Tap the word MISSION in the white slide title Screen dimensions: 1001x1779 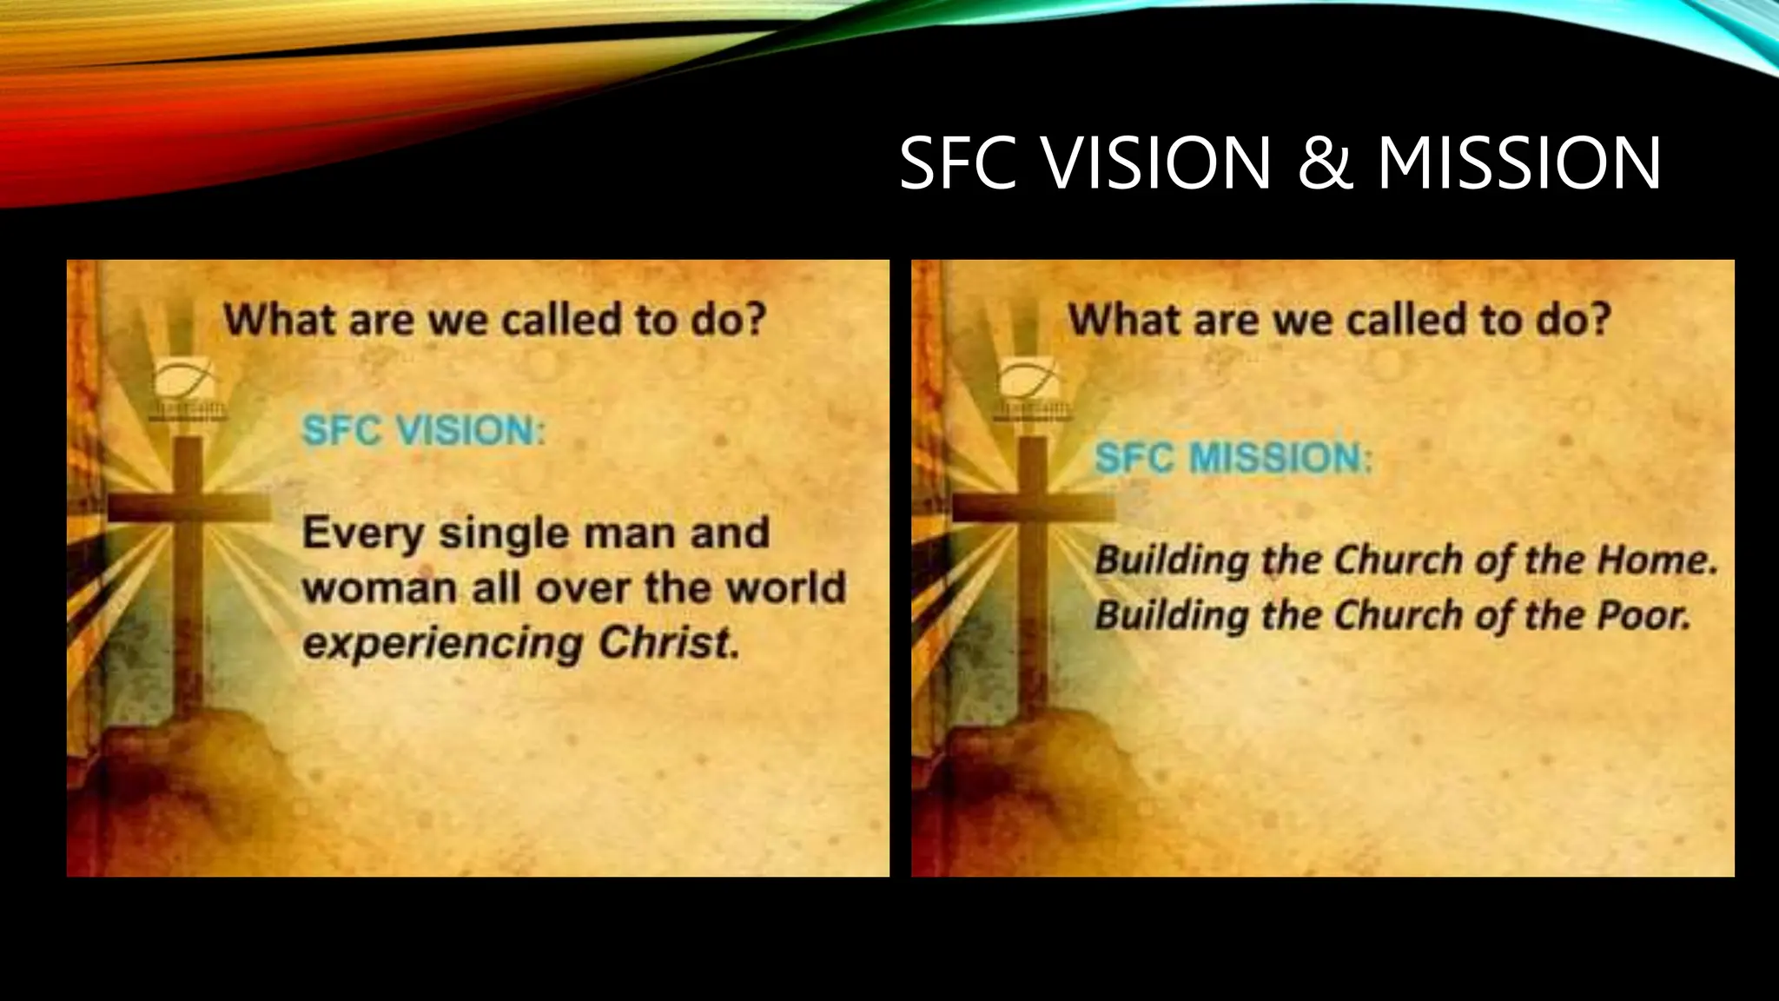click(x=1518, y=163)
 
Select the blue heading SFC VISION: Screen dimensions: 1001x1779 click(x=423, y=430)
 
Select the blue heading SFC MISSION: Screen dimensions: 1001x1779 click(x=1233, y=458)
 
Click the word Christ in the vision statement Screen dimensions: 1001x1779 click(x=668, y=643)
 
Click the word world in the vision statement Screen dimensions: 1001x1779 click(x=785, y=588)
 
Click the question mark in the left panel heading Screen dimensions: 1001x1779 click(x=753, y=320)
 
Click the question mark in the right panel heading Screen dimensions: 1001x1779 click(x=1597, y=320)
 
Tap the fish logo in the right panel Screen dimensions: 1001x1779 click(x=1028, y=381)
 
